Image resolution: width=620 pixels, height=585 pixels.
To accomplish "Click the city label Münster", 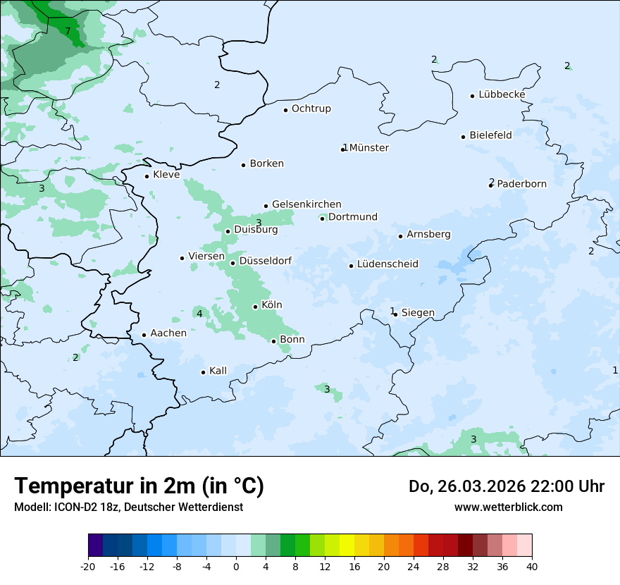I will click(369, 148).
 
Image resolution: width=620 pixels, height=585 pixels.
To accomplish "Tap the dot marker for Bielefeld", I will click(464, 137).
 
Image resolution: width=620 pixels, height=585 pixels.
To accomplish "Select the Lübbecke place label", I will click(502, 94).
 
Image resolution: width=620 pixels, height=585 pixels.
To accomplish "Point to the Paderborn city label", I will click(521, 184).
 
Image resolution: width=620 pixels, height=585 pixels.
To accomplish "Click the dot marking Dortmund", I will click(323, 218).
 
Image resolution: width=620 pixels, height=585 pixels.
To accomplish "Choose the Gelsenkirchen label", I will click(306, 204).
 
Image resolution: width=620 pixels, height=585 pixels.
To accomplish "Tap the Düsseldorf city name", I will click(266, 261).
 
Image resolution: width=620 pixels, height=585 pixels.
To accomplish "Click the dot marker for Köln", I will click(256, 307).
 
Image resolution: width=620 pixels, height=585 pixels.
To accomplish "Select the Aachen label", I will click(168, 333).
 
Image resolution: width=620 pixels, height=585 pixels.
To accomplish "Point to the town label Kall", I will click(218, 371).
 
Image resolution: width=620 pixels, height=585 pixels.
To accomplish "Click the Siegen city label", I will click(418, 313).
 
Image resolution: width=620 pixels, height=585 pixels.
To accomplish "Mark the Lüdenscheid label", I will click(387, 264).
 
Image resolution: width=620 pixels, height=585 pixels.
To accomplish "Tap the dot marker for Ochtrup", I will click(286, 110).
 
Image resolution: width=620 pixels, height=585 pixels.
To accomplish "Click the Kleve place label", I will click(166, 175).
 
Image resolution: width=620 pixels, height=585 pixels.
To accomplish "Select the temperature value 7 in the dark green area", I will click(68, 31).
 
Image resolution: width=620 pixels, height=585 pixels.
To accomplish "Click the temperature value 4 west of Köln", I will click(199, 314).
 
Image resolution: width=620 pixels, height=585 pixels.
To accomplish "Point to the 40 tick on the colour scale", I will click(531, 567).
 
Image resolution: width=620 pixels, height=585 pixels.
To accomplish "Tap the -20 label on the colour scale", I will click(88, 567).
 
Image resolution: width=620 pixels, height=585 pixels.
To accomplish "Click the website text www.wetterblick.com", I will click(508, 507).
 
